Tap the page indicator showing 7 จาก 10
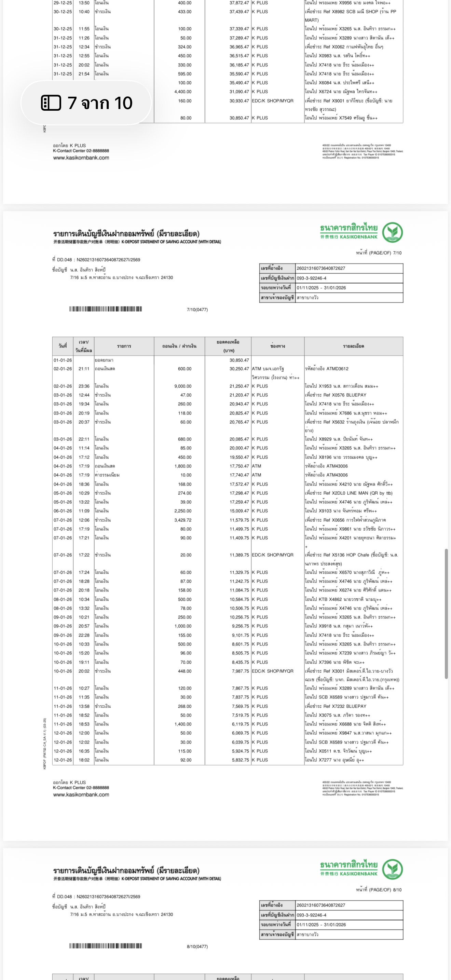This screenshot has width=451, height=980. pyautogui.click(x=86, y=103)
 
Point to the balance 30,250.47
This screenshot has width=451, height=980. pyautogui.click(x=239, y=369)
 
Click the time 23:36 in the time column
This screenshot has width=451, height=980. pyautogui.click(x=84, y=386)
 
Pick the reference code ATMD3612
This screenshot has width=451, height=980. pyautogui.click(x=327, y=369)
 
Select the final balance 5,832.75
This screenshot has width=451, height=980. pyautogui.click(x=240, y=760)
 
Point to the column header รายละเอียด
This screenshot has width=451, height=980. pyautogui.click(x=353, y=346)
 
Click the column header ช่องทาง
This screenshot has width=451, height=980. pyautogui.click(x=277, y=346)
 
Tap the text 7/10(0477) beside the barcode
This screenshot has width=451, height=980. pyautogui.click(x=197, y=310)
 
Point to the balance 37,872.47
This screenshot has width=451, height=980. pyautogui.click(x=239, y=3)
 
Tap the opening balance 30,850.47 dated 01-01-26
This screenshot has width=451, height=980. pyautogui.click(x=239, y=360)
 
